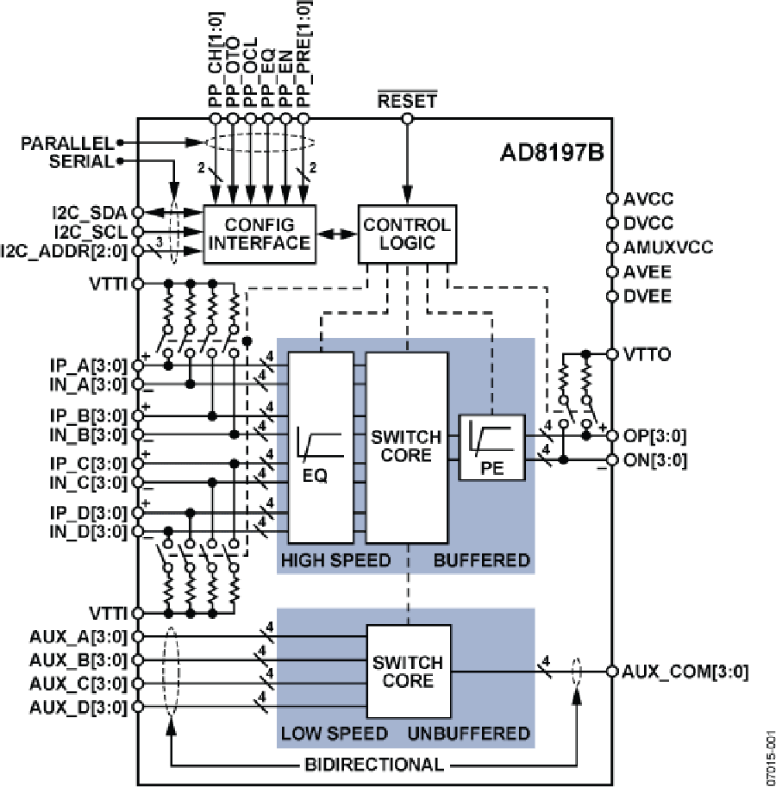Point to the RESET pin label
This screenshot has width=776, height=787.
coord(407,101)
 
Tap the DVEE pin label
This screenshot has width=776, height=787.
coord(648,297)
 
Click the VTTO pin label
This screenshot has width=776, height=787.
coord(648,354)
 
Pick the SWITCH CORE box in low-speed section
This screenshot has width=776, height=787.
coord(407,671)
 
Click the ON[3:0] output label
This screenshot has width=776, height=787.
coord(654,459)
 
